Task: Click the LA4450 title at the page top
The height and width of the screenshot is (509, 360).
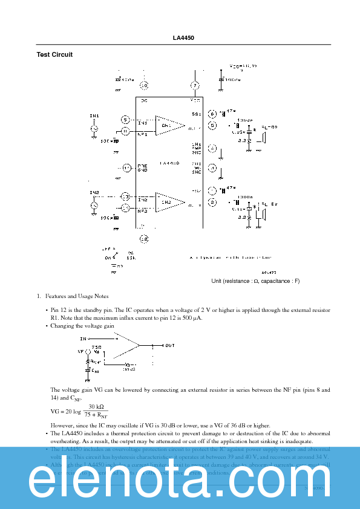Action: (180, 38)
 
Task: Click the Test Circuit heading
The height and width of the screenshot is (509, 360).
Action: (54, 54)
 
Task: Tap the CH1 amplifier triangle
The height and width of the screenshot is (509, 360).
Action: (168, 125)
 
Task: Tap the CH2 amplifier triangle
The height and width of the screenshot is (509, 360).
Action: (168, 202)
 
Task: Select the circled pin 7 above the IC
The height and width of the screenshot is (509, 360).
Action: (195, 85)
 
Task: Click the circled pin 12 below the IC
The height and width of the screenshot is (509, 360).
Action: (144, 239)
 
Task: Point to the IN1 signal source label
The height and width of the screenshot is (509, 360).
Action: (94, 115)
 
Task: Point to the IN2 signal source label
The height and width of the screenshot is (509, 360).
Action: (94, 193)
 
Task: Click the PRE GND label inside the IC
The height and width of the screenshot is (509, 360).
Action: (143, 168)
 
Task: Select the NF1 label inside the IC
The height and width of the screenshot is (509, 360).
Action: (143, 134)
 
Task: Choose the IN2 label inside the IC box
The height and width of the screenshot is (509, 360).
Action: (143, 199)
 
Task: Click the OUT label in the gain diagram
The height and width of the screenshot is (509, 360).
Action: (170, 345)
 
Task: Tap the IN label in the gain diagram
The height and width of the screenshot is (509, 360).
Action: (83, 339)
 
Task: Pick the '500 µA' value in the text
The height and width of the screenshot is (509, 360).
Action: (194, 317)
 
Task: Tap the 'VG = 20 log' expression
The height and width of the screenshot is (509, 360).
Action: (64, 411)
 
